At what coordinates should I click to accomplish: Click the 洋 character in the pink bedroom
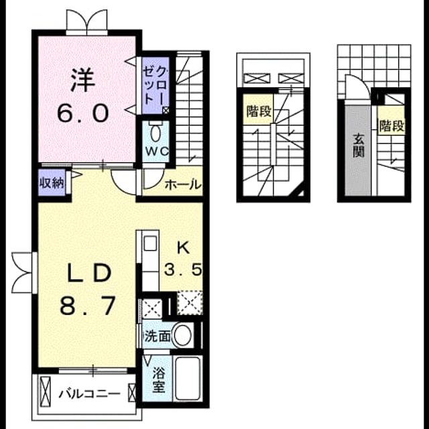point(82,79)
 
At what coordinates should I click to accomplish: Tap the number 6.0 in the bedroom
point(83,114)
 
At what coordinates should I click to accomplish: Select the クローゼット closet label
point(155,86)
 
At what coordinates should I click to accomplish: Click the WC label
point(157,151)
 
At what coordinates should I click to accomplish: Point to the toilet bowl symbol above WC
point(155,133)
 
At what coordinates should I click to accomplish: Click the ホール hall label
point(183,185)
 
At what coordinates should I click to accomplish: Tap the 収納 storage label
point(52,182)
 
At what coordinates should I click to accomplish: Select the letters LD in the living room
point(90,273)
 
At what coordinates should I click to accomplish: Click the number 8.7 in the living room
point(87,306)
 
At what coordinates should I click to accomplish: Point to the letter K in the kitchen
point(183,249)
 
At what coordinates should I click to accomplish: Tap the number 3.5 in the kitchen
point(183,269)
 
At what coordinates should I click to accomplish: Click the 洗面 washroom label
point(158,336)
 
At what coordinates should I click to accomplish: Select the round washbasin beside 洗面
point(183,335)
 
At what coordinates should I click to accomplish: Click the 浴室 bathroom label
point(158,379)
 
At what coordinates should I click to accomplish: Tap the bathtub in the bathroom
point(188,378)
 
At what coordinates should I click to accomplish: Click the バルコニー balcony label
point(90,394)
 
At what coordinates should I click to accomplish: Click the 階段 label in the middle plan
point(259,111)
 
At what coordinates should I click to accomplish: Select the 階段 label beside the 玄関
point(391,126)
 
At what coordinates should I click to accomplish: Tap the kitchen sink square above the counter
point(150,243)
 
